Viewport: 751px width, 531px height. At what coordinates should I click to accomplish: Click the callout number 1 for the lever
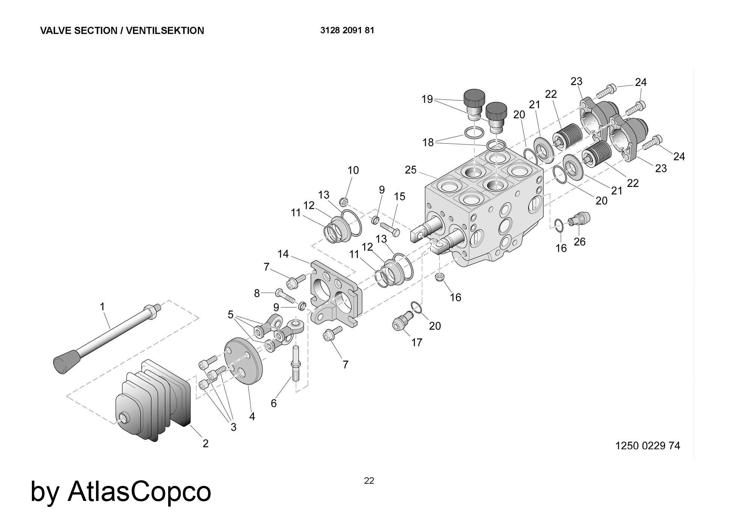102,307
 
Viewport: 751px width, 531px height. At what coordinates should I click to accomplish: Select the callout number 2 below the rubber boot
205,443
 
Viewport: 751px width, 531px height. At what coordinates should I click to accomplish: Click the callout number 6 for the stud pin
274,403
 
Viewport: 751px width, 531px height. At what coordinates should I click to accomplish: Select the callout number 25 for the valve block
411,170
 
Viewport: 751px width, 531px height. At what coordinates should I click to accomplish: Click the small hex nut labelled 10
343,202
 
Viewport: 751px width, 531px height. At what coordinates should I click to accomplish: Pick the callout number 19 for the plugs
427,99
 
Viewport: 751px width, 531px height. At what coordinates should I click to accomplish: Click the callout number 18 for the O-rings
428,142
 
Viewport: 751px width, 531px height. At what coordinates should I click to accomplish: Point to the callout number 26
579,242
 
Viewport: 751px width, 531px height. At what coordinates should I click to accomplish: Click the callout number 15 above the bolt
400,197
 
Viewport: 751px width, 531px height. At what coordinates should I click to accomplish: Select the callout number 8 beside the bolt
257,293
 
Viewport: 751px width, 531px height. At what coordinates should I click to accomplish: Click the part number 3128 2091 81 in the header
347,30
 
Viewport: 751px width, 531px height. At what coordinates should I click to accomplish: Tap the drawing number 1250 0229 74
647,446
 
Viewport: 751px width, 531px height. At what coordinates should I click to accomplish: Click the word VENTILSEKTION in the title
165,31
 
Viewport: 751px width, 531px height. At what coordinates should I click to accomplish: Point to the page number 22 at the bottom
369,481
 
